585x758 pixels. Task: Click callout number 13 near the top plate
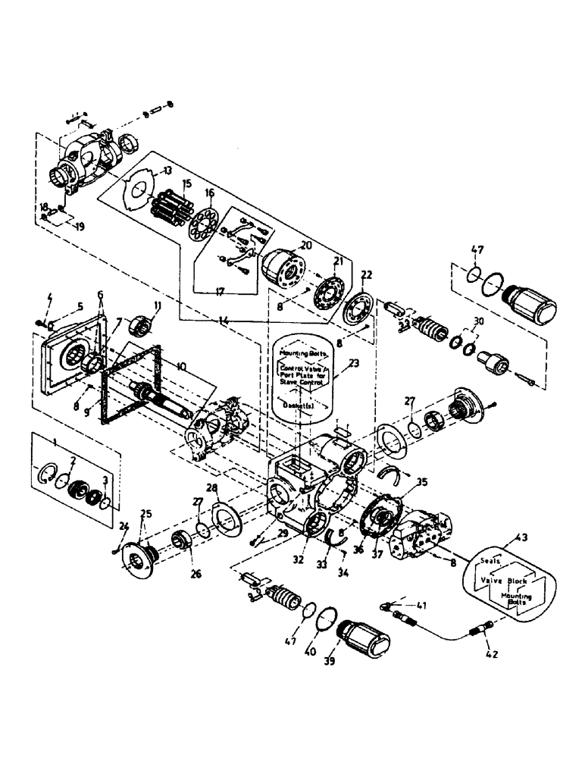click(x=167, y=170)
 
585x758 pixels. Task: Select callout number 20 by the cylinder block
click(x=306, y=245)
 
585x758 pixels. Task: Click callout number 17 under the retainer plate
click(x=222, y=289)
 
